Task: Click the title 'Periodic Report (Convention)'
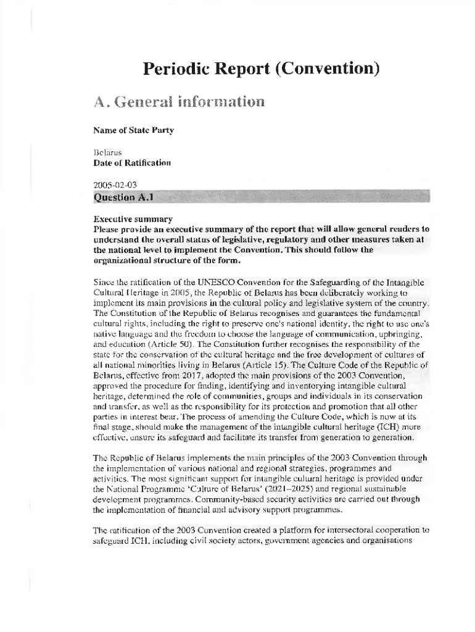pos(261,68)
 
